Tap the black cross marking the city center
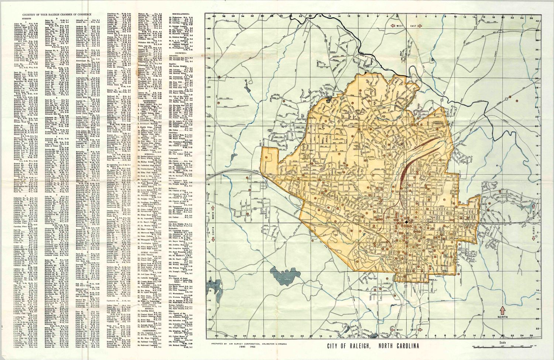(x=406, y=222)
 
